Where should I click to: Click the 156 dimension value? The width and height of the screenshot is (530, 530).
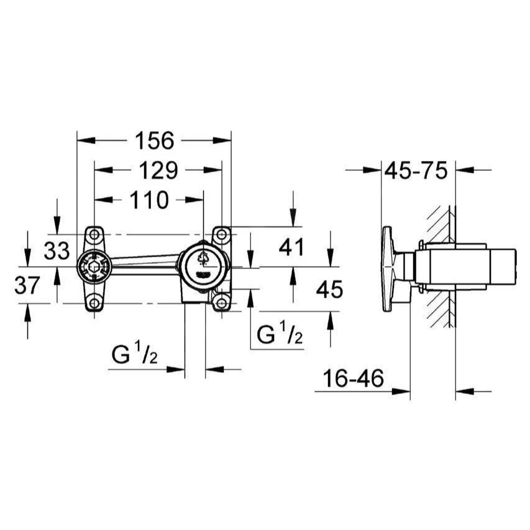(x=155, y=140)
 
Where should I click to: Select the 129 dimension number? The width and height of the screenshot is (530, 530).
(x=158, y=170)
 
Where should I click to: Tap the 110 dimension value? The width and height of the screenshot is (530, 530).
(x=149, y=200)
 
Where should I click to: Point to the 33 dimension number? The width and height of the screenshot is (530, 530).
(x=57, y=251)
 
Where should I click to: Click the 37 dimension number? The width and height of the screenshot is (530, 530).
(x=27, y=285)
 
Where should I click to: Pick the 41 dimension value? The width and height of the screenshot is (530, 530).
(x=291, y=247)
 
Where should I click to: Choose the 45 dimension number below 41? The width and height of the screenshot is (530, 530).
(x=329, y=290)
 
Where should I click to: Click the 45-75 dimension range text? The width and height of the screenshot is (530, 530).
(x=416, y=170)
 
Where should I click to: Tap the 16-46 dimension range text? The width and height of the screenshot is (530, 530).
(x=354, y=378)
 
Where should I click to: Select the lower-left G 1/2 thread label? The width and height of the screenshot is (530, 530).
(x=135, y=353)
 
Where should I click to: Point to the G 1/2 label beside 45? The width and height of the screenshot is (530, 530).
(x=280, y=333)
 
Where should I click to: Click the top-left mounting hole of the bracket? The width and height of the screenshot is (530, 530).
(x=94, y=234)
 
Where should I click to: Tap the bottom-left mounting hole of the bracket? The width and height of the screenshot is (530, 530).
(x=94, y=303)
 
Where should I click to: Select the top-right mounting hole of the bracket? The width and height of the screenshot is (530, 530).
(x=221, y=234)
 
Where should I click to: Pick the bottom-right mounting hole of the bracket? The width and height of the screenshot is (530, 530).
(x=221, y=303)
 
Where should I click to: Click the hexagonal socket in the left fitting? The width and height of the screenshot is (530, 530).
(x=94, y=267)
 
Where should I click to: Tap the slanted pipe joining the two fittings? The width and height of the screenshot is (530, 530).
(x=145, y=262)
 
